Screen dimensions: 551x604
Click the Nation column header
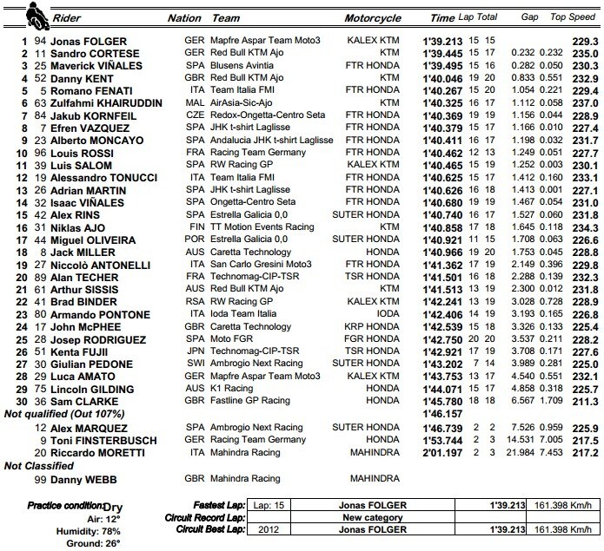tap(185, 17)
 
